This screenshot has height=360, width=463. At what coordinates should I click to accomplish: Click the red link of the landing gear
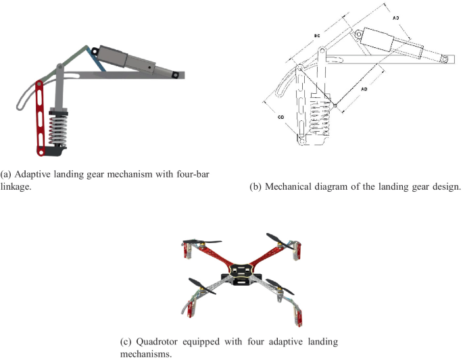click(40, 118)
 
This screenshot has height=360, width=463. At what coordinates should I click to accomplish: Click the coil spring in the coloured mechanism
click(58, 130)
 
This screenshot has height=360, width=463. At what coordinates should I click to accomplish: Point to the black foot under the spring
click(55, 151)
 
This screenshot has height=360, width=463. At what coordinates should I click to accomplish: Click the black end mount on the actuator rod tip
click(174, 75)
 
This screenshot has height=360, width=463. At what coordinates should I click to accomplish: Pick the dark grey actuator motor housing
click(113, 55)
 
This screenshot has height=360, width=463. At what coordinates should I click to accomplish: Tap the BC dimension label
click(317, 36)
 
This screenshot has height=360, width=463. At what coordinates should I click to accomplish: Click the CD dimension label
click(281, 117)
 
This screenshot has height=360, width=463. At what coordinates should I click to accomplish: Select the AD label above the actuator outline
click(395, 18)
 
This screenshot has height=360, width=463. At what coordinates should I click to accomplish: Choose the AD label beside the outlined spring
click(364, 89)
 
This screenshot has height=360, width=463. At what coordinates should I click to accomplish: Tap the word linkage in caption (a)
click(16, 187)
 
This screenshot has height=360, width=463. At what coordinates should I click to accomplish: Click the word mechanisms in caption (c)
click(146, 353)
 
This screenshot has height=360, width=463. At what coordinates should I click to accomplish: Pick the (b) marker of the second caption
click(255, 187)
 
